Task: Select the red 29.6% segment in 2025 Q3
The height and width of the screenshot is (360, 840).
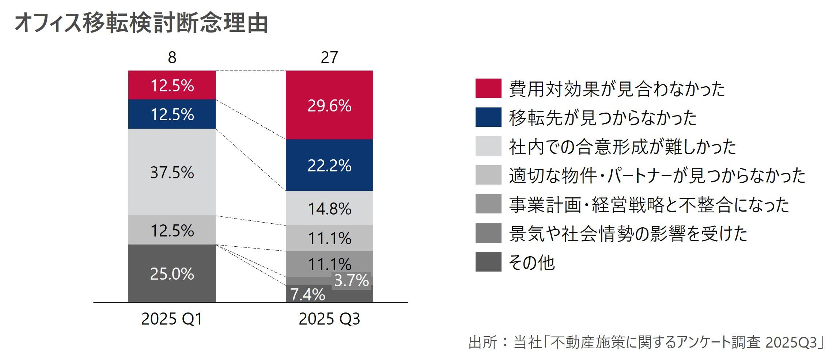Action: pyautogui.click(x=329, y=105)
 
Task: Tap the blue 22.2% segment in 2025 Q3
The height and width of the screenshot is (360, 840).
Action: pyautogui.click(x=329, y=166)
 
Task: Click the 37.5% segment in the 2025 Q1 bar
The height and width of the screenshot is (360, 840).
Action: pyautogui.click(x=172, y=172)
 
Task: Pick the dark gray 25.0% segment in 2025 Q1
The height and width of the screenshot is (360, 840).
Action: pyautogui.click(x=172, y=273)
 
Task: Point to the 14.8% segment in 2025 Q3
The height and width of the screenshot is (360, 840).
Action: pyautogui.click(x=329, y=208)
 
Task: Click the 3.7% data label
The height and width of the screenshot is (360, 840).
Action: pyautogui.click(x=351, y=281)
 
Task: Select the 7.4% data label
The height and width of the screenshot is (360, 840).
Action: pyautogui.click(x=307, y=295)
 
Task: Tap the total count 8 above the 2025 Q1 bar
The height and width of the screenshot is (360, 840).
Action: pyautogui.click(x=172, y=57)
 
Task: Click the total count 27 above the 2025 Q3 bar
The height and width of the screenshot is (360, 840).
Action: pyautogui.click(x=329, y=57)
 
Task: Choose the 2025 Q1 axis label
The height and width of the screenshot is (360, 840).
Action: pyautogui.click(x=172, y=319)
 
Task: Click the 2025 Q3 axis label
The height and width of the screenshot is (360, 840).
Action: pyautogui.click(x=329, y=319)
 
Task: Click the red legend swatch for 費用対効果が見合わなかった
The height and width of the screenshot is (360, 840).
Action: pyautogui.click(x=488, y=88)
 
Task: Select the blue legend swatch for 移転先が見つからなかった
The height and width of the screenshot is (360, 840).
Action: pyautogui.click(x=488, y=117)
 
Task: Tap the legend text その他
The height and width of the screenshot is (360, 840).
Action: pyautogui.click(x=531, y=262)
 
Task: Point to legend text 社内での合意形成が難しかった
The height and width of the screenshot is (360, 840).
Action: pyautogui.click(x=622, y=147)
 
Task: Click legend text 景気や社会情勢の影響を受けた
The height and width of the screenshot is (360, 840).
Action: pyautogui.click(x=628, y=234)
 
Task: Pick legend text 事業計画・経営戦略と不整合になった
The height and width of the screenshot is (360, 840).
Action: pyautogui.click(x=649, y=205)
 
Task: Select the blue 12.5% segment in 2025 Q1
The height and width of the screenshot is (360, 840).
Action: pyautogui.click(x=172, y=114)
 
